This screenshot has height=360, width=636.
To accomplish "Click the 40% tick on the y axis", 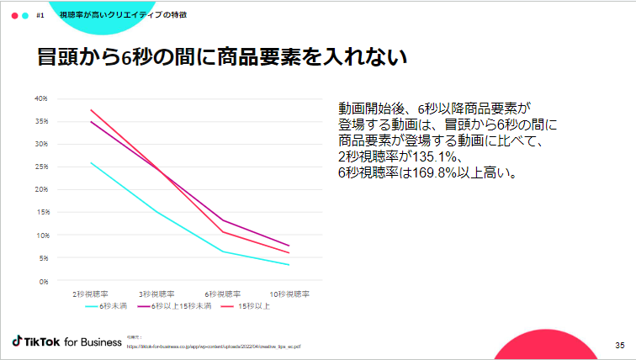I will pos(40,98).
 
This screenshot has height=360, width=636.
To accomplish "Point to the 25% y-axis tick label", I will pos(40,167).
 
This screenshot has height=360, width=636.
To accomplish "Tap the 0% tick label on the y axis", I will pos(42,280).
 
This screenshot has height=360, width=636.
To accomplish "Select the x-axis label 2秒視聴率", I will pos(89,294).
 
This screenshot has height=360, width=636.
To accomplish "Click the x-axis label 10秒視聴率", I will pos(289,294).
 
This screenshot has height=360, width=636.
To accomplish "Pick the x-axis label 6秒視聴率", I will pos(223,294).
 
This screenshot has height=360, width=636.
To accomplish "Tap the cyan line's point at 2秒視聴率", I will pos(90,162).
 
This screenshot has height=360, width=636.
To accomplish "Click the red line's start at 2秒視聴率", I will pos(90,110).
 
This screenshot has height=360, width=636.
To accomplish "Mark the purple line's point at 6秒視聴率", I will pos(223,220).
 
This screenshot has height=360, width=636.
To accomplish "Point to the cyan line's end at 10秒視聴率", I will pos(289,265).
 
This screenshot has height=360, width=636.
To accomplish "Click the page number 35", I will pos(619,345).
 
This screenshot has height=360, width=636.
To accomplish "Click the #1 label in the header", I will pos(40,15).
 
